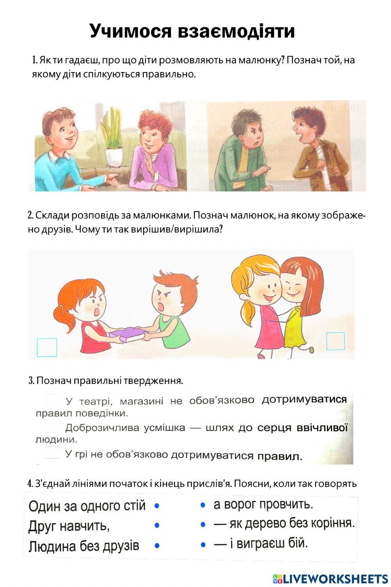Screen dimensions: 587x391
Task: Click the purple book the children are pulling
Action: pyautogui.click(x=127, y=334)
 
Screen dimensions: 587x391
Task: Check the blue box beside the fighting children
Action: pyautogui.click(x=47, y=347)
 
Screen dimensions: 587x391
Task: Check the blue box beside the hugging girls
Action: pyautogui.click(x=335, y=341)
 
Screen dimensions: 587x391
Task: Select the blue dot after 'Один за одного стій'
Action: pyautogui.click(x=157, y=506)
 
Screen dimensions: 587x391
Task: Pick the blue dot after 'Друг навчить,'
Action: pyautogui.click(x=157, y=525)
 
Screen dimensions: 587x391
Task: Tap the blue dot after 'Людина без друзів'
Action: pyautogui.click(x=157, y=545)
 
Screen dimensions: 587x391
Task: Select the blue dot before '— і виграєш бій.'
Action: pyautogui.click(x=203, y=544)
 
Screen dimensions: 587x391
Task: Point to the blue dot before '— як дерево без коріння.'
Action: pyautogui.click(x=203, y=524)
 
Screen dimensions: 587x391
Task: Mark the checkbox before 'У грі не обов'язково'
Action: pyautogui.click(x=52, y=454)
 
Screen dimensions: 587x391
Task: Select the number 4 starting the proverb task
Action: pyautogui.click(x=30, y=484)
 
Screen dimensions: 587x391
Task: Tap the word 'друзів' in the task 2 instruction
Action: pyautogui.click(x=55, y=229)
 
